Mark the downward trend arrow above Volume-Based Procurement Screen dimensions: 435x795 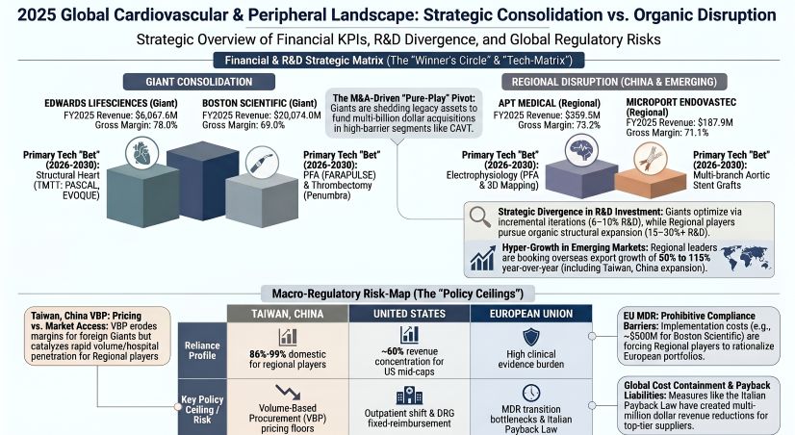(286, 394)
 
